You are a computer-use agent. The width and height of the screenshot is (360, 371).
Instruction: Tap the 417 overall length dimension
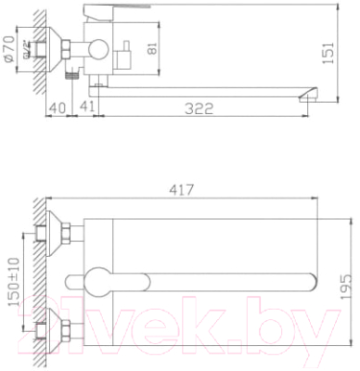181,191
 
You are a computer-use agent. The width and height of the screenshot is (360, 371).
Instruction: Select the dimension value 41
85,109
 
